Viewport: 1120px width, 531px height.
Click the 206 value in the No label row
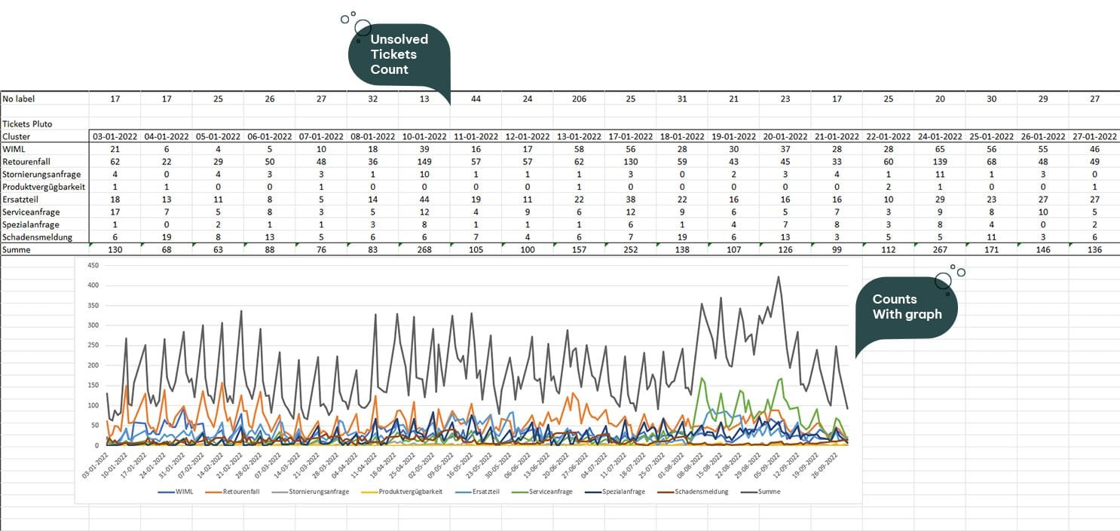(578, 99)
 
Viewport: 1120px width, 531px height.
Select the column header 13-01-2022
(578, 136)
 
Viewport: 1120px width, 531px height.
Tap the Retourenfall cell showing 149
(424, 161)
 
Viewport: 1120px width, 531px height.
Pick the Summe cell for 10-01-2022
(424, 250)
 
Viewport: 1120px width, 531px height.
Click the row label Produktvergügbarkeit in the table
(44, 187)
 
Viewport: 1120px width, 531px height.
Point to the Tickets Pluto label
(27, 124)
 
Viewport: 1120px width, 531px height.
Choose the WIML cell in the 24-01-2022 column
(939, 149)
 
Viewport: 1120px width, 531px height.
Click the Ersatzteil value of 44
(424, 200)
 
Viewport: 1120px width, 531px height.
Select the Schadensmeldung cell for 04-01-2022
(166, 237)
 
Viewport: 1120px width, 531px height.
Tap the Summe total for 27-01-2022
(1094, 250)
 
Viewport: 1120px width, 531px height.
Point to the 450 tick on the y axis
(93, 265)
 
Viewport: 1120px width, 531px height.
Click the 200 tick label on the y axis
(93, 365)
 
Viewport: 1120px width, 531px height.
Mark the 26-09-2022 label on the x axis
(836, 463)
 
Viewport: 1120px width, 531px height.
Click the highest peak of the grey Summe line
(778, 277)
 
